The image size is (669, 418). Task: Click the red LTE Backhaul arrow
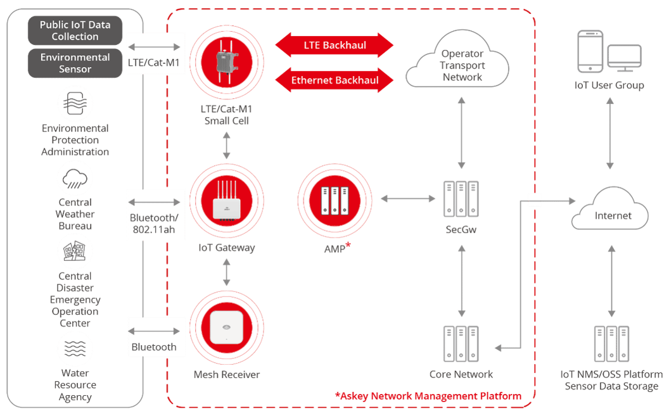coord(334,46)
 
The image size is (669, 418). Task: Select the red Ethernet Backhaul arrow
coord(334,80)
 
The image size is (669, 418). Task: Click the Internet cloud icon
coord(612,215)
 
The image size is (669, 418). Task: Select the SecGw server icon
coord(461,199)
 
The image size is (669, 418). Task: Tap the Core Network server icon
coord(461,344)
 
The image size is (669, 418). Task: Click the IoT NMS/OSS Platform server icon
coord(611,344)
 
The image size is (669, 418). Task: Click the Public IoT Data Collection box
coord(75,31)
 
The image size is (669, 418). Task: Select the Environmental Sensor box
coord(75,63)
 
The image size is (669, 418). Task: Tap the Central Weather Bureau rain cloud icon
coord(75,179)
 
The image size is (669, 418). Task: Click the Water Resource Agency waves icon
coord(75,349)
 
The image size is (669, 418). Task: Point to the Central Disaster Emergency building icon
coord(75,252)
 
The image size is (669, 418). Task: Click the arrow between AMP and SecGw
coord(408,199)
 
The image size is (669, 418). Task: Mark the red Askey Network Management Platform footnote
coord(428,396)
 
